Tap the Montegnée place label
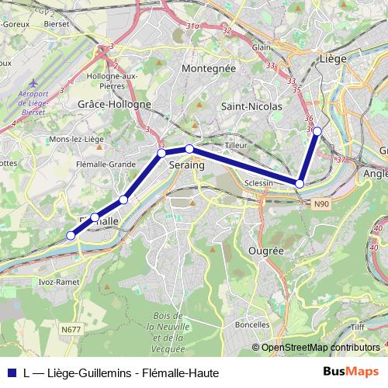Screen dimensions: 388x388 (207, 68)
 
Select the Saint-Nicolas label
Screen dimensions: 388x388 (246, 106)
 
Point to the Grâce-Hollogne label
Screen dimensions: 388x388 (114, 103)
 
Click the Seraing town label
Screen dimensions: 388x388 (186, 165)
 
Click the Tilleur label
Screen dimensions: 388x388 (235, 145)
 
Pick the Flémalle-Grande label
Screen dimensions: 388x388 (106, 164)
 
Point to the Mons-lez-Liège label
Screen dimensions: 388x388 (76, 138)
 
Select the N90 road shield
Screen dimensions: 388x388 (322, 204)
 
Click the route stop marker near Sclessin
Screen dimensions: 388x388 (300, 183)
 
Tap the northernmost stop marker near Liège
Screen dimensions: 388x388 (317, 131)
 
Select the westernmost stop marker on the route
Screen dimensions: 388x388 (71, 235)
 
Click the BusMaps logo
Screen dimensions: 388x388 (350, 372)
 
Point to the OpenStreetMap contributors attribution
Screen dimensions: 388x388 (320, 348)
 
